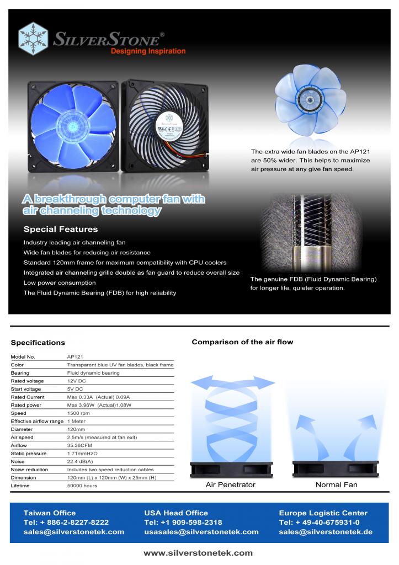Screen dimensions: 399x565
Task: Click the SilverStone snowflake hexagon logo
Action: (33, 39)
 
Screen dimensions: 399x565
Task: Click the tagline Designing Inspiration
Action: (148, 51)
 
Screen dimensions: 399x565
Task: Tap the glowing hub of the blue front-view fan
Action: (73, 126)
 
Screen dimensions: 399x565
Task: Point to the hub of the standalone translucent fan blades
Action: (309, 99)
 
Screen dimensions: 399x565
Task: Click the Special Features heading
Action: (61, 229)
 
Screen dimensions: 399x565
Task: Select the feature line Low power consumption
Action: (60, 283)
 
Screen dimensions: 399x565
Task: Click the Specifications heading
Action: (38, 343)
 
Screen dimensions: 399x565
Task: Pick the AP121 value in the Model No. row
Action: (75, 357)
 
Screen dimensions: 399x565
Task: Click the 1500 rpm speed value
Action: (78, 413)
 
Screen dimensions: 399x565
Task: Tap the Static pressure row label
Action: (29, 454)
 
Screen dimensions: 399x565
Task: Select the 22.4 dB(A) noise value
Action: (80, 462)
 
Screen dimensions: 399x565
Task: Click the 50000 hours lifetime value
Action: (82, 486)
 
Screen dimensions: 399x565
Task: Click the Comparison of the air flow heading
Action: (242, 342)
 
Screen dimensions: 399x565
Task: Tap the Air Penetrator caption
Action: (230, 484)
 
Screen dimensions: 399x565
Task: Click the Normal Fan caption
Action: (336, 484)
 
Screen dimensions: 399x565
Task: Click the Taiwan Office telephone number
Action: (66, 523)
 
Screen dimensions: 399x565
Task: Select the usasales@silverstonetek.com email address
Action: (201, 532)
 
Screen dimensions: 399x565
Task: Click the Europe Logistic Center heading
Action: (323, 513)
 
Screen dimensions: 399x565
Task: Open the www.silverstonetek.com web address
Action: (198, 553)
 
